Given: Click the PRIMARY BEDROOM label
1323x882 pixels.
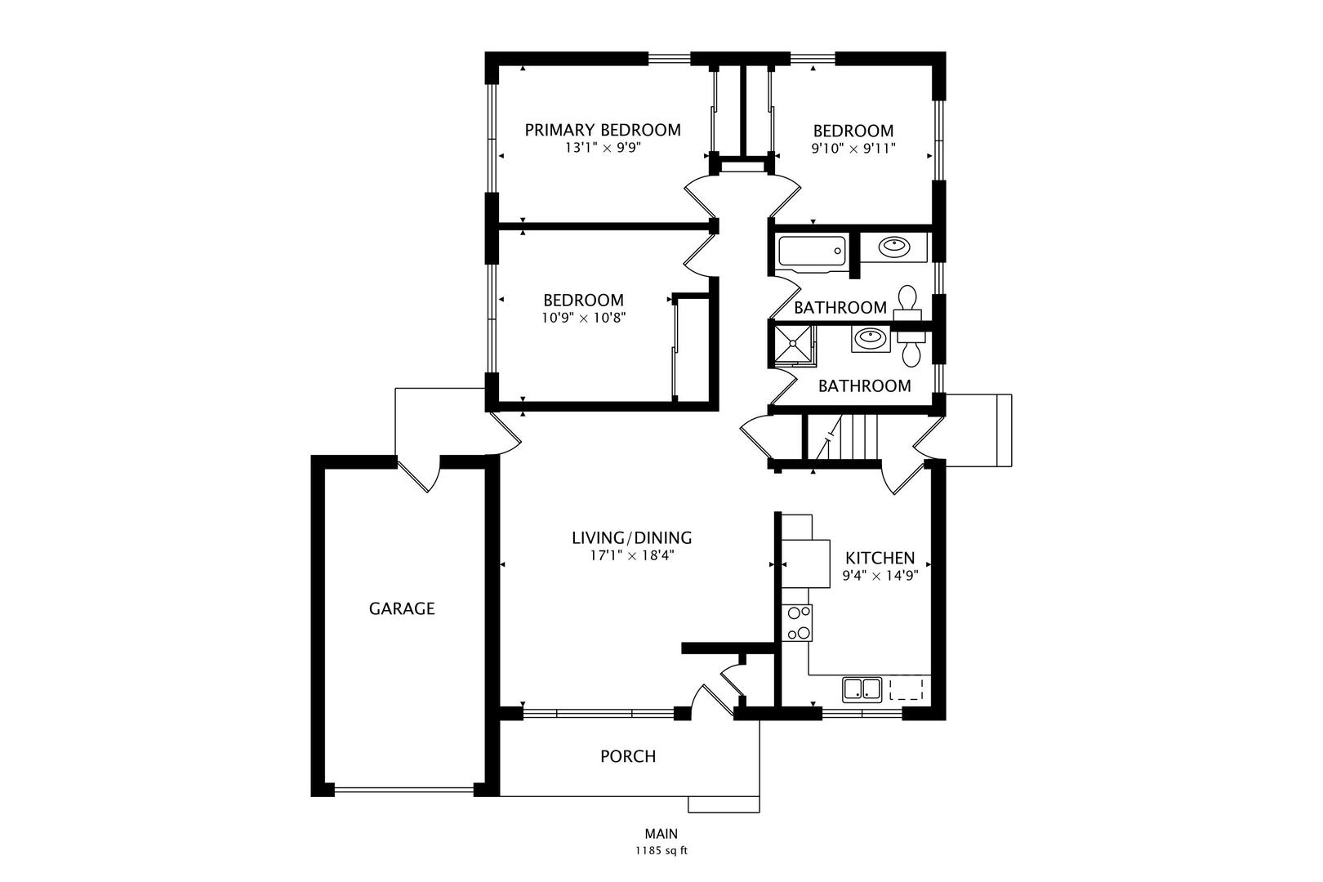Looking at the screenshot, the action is point(603,130).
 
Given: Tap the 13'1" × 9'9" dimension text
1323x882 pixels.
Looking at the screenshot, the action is point(603,148).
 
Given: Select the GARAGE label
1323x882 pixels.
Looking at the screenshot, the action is point(402,608).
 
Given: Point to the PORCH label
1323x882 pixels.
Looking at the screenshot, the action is point(628,756).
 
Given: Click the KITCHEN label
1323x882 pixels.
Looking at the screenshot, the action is point(880,558).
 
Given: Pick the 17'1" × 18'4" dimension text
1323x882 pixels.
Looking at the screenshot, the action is point(632,555).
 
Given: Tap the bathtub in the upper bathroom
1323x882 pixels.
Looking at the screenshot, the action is point(812,251).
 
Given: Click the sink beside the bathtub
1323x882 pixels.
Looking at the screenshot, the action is point(893,247).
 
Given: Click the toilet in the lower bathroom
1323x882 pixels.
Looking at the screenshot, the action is point(911,348).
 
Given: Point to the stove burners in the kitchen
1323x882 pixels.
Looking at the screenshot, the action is point(797,622).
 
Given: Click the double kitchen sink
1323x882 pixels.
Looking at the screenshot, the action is point(862,689).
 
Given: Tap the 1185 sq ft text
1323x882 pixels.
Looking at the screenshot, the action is point(661,851).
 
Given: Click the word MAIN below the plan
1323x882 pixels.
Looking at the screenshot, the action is point(661,834).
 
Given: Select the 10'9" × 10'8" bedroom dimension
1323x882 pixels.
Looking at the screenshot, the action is point(584,318).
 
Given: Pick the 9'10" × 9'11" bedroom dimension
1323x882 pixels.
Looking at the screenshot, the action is point(853,149).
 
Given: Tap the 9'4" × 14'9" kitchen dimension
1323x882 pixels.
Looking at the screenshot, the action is point(880,576).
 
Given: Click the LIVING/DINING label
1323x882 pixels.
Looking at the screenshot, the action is point(632,537).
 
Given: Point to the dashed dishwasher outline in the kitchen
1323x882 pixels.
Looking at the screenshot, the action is point(906,689).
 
